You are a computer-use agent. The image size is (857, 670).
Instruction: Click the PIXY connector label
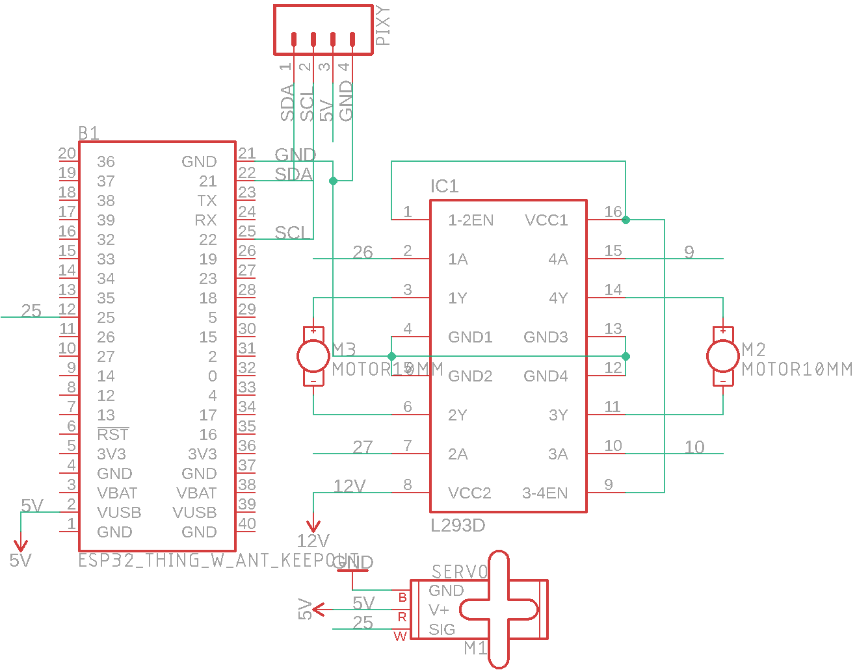(x=384, y=25)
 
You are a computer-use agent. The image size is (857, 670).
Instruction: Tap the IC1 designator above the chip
(x=444, y=187)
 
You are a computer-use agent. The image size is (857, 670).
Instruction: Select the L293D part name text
(x=458, y=525)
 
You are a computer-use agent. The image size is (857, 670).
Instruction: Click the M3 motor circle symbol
(x=313, y=356)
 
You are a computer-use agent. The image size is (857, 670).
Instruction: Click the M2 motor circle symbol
(x=723, y=356)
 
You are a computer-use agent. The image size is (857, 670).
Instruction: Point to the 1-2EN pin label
(x=471, y=220)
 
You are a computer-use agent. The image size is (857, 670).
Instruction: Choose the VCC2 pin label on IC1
(x=469, y=493)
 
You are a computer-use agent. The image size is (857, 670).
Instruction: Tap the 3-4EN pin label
(x=545, y=493)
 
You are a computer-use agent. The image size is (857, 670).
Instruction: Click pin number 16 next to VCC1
(x=613, y=212)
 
